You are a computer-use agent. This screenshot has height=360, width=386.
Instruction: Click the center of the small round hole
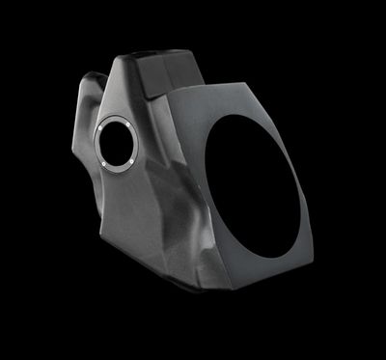tap(117, 145)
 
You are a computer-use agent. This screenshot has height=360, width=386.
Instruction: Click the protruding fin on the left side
tap(87, 106)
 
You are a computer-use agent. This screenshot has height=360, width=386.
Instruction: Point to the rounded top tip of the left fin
tap(93, 75)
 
